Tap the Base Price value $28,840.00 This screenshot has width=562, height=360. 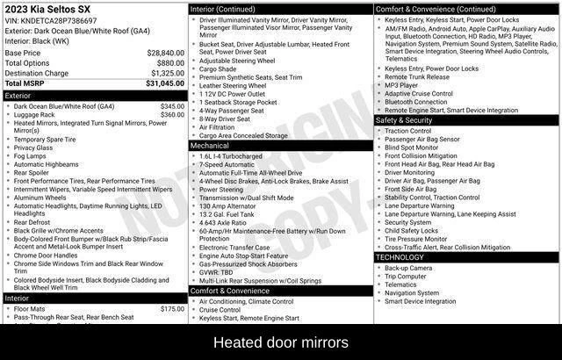point(165,53)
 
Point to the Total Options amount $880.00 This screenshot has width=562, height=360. point(170,63)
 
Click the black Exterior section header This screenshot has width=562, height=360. point(95,96)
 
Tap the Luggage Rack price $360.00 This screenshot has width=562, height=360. point(172,115)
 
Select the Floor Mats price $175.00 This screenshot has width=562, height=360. point(172,309)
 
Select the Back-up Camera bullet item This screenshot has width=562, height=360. point(408,268)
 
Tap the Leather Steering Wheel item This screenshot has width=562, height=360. point(233,86)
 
